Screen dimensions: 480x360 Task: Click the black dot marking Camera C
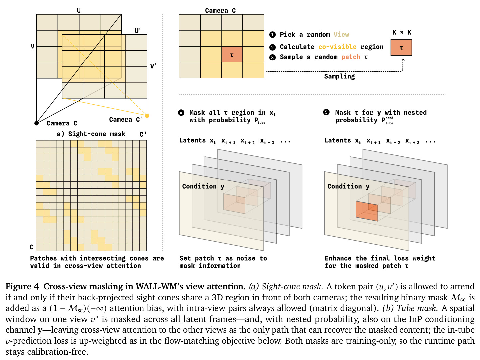[x=36, y=123]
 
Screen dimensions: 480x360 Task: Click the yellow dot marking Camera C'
[x=147, y=116]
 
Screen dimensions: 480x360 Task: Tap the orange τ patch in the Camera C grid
[x=232, y=54]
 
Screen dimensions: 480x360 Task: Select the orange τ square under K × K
[x=401, y=47]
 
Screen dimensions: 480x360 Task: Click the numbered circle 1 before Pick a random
[x=272, y=35]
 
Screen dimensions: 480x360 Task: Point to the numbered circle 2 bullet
[x=272, y=47]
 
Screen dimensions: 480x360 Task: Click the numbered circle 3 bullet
[x=272, y=57]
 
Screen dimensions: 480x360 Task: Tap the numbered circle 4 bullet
[x=181, y=113]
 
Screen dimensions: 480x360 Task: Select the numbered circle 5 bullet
[x=326, y=112]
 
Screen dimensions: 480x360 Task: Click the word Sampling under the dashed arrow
[x=339, y=76]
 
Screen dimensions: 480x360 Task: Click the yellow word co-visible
[x=337, y=47]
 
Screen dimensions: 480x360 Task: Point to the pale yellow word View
[x=341, y=34]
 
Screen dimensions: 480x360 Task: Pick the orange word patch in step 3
[x=351, y=57]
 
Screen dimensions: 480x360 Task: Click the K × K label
[x=402, y=32]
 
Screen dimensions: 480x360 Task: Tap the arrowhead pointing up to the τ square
[x=403, y=60]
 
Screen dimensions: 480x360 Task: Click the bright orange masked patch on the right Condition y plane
[x=367, y=211]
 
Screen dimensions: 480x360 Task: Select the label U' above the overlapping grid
[x=138, y=30]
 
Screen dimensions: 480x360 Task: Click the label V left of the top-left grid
[x=32, y=46]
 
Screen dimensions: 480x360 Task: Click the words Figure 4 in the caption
[x=22, y=286]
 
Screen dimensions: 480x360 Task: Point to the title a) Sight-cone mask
[x=91, y=134]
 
